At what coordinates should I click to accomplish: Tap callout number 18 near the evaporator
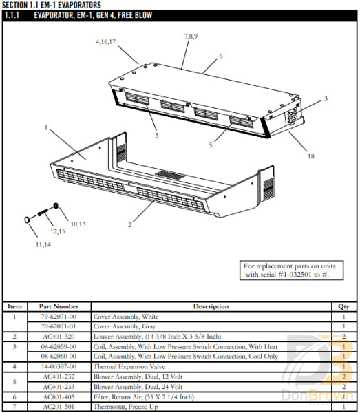coord(310,156)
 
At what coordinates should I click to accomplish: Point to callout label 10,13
coord(78,224)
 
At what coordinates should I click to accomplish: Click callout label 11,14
coord(43,244)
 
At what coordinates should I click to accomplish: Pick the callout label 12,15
coord(57,231)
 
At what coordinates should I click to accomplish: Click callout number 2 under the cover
coord(129,224)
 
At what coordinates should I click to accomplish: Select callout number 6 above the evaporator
coord(220,56)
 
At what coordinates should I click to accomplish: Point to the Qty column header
coord(343,306)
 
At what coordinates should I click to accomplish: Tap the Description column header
coord(211,306)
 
